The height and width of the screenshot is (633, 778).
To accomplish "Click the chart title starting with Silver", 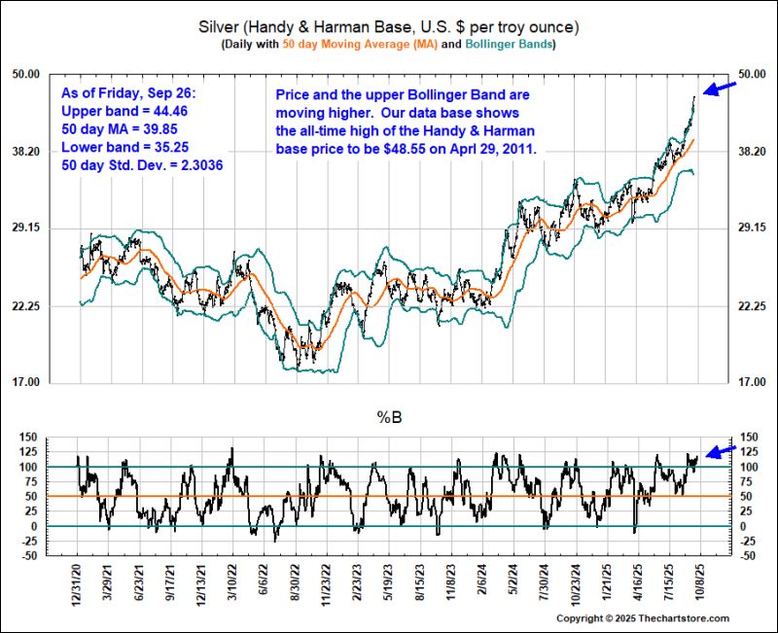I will (389, 25).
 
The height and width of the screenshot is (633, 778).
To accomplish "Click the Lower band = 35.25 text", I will (123, 147).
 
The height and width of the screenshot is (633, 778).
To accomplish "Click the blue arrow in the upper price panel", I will (718, 89).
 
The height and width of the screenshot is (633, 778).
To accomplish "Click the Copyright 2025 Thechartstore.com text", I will (655, 618).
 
